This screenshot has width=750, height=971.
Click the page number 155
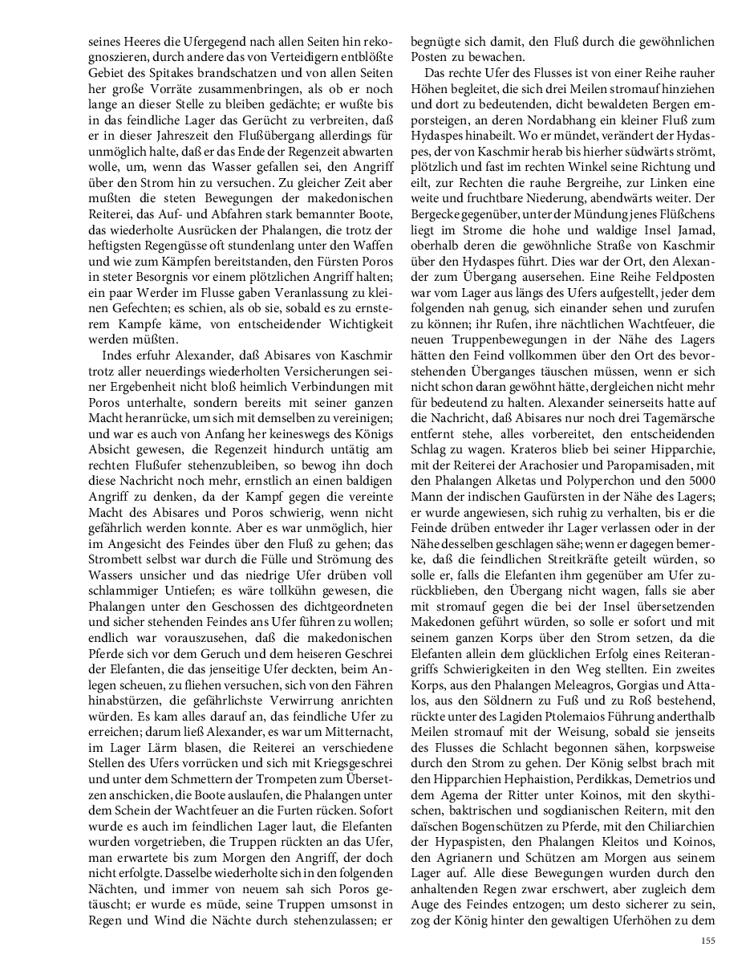click(x=707, y=941)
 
